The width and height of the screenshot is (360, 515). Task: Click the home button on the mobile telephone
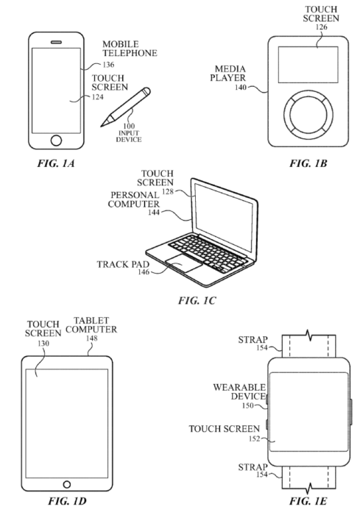(x=56, y=141)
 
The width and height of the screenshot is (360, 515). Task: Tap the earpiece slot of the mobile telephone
(x=56, y=42)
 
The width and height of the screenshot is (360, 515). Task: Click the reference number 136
(x=108, y=65)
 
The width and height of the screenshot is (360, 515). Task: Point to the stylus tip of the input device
(x=102, y=126)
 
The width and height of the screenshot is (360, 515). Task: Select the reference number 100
(x=129, y=126)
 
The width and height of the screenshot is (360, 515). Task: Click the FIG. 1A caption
(x=55, y=163)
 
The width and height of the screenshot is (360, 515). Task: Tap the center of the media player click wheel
(x=308, y=114)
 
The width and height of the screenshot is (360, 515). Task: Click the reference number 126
(x=321, y=27)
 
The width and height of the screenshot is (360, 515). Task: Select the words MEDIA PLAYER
(x=228, y=74)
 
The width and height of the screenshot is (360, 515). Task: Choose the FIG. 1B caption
(x=308, y=163)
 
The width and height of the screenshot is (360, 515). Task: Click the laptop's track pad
(x=183, y=263)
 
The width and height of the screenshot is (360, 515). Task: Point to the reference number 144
(x=154, y=213)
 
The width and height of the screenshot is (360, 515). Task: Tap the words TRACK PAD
(x=123, y=264)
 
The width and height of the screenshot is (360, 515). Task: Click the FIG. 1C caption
(x=197, y=300)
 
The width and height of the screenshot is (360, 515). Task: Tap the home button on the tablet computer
(x=67, y=484)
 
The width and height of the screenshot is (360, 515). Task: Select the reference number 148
(x=92, y=338)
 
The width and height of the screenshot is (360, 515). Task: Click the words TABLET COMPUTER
(x=91, y=325)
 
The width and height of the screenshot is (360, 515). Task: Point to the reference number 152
(x=255, y=438)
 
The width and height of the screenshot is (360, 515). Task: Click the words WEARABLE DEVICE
(x=239, y=392)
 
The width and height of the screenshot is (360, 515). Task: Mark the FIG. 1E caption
(x=308, y=501)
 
